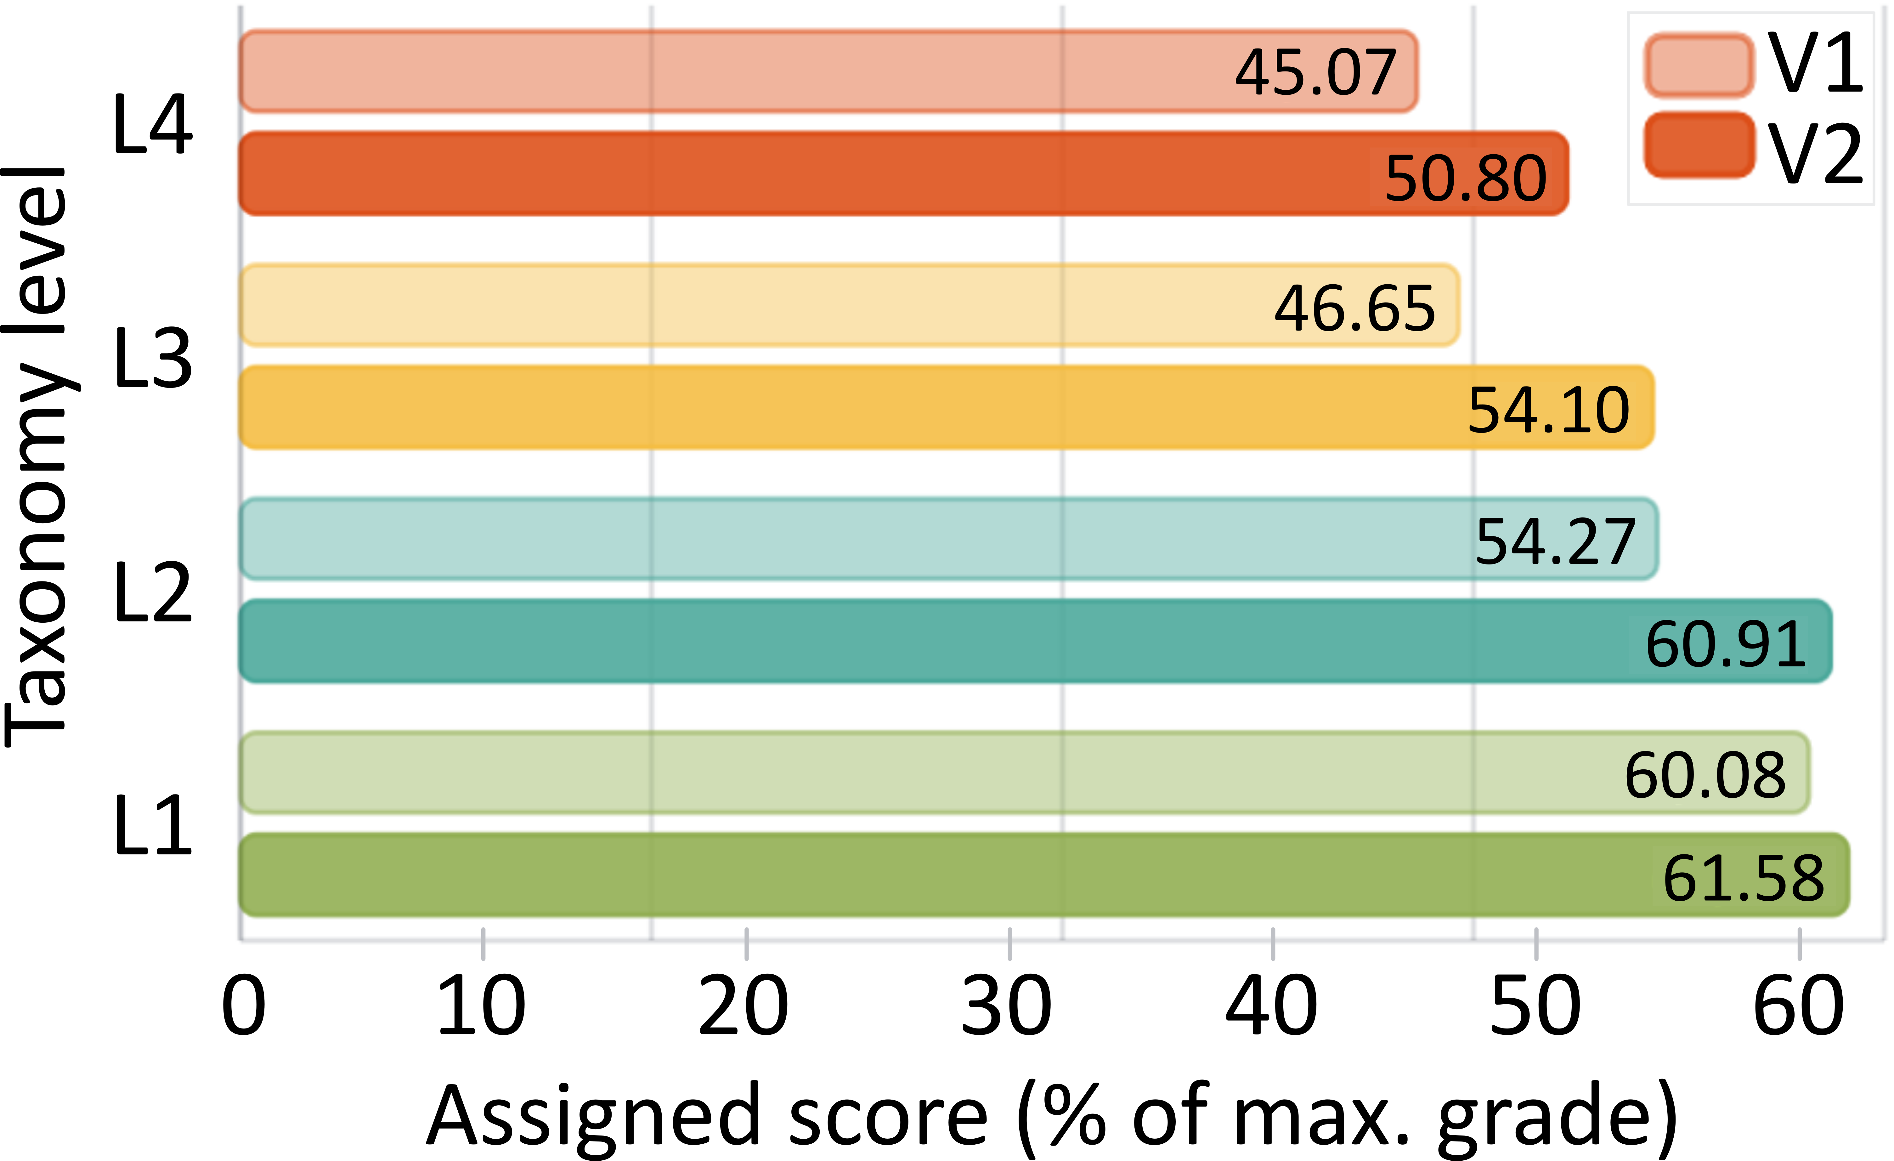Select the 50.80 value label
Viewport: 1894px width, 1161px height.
pyautogui.click(x=1466, y=178)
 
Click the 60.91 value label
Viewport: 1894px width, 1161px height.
pyautogui.click(x=1726, y=644)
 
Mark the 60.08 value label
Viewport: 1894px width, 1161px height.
pyautogui.click(x=1705, y=775)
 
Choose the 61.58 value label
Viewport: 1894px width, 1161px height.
pyautogui.click(x=1743, y=878)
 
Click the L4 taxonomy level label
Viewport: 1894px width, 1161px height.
pyautogui.click(x=152, y=125)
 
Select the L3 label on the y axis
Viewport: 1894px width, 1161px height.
pyautogui.click(x=152, y=358)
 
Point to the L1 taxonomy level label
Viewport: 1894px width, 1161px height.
pyautogui.click(x=152, y=826)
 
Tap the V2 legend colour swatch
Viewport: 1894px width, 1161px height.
pyautogui.click(x=1699, y=145)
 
